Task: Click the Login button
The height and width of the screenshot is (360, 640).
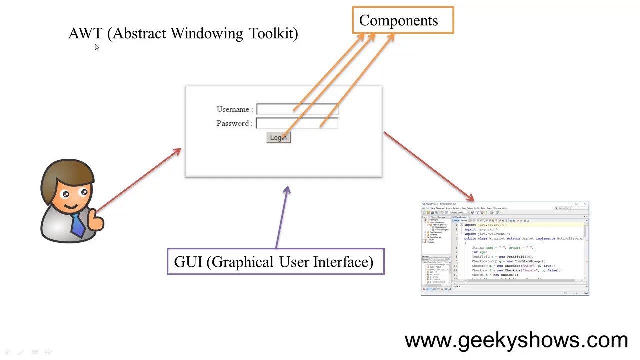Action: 278,138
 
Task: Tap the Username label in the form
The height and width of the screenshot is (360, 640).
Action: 233,109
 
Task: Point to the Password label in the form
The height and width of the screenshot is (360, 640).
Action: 233,123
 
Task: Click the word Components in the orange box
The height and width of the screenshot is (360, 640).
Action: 398,21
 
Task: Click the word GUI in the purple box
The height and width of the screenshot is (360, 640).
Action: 188,262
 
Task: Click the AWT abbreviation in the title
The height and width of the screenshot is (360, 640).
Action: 85,34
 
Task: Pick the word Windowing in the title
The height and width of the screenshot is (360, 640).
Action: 207,34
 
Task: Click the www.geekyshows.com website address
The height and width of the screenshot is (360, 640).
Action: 516,341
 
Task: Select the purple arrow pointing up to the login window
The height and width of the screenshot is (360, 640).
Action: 282,217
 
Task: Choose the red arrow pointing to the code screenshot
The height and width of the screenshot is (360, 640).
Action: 429,166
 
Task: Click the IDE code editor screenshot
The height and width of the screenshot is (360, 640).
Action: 505,248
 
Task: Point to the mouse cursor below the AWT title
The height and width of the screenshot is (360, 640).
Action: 96,47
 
